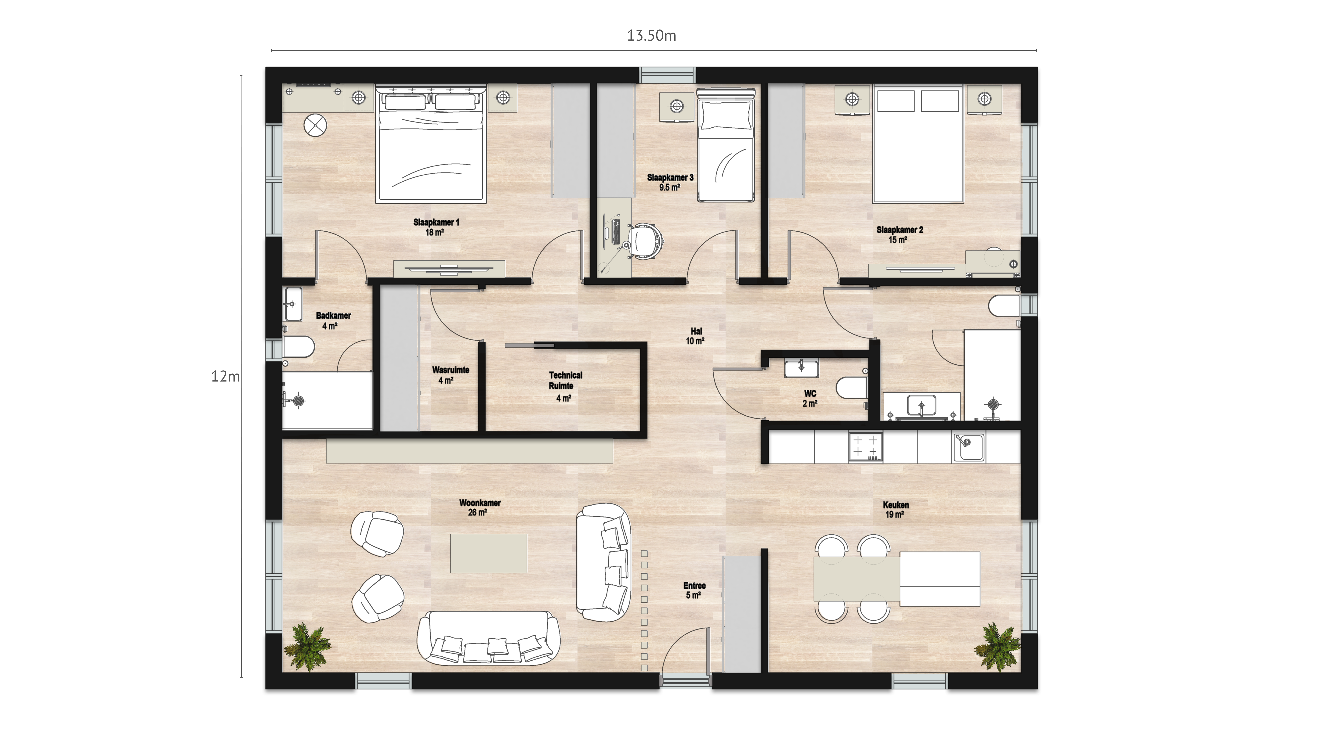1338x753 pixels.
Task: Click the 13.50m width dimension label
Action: click(651, 35)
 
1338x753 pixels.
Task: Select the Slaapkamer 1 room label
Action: click(436, 227)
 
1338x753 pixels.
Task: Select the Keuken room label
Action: click(896, 509)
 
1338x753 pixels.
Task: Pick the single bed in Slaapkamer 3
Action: click(725, 145)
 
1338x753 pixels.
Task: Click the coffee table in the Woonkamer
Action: click(488, 554)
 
